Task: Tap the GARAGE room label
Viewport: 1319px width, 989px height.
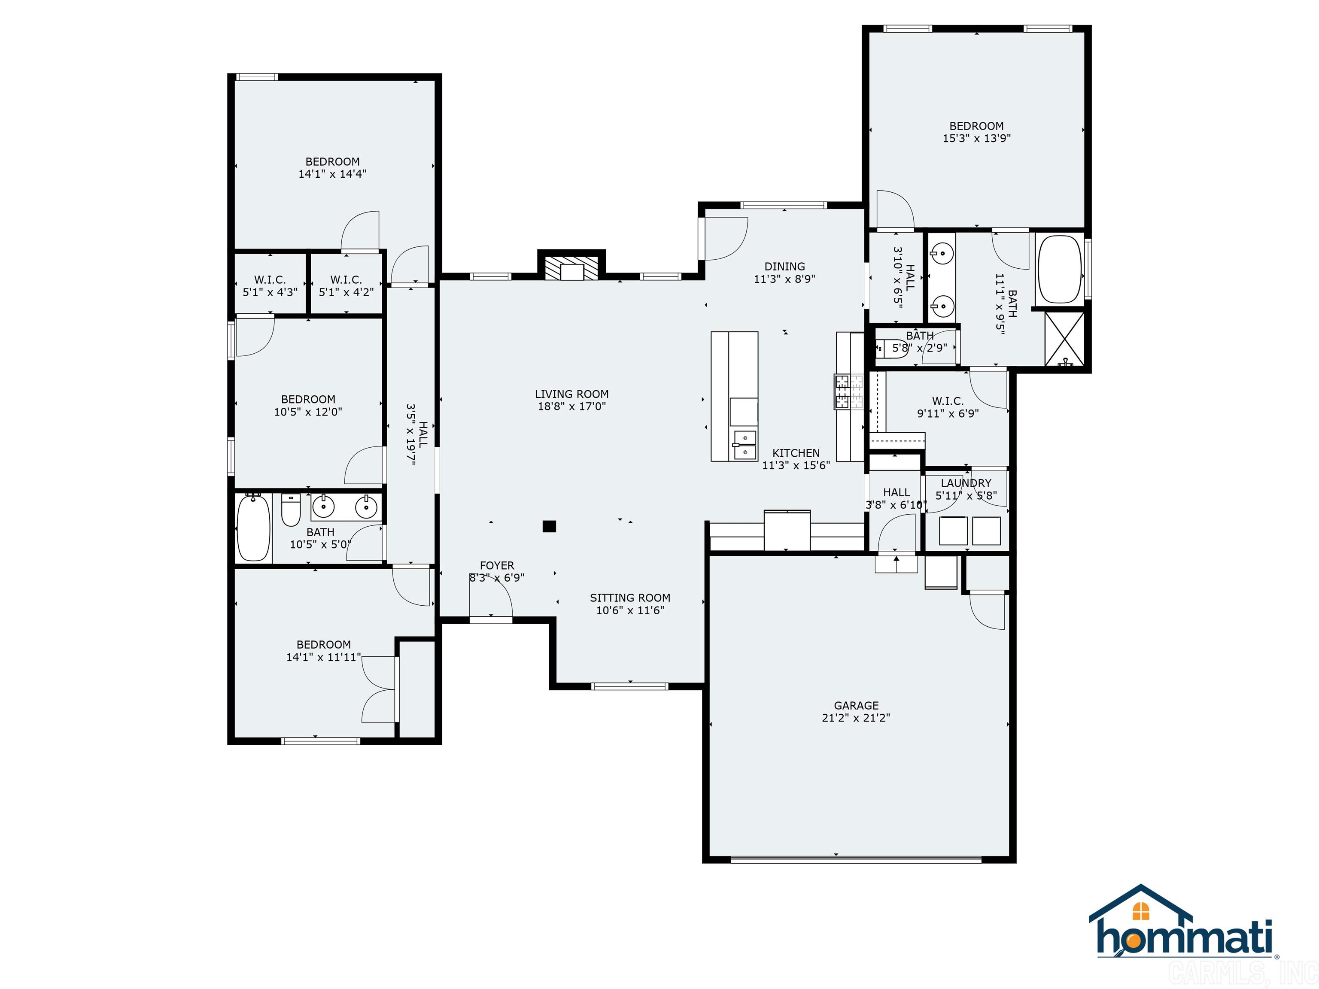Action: pyautogui.click(x=856, y=705)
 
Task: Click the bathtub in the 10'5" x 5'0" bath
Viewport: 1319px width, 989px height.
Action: pyautogui.click(x=253, y=528)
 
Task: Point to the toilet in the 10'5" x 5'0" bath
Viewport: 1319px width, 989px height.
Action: pyautogui.click(x=290, y=511)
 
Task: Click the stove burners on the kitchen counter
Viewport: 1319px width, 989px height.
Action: pyautogui.click(x=848, y=391)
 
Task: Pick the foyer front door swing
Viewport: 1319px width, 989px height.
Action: pyautogui.click(x=491, y=598)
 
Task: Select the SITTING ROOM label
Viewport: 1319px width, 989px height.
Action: pyautogui.click(x=630, y=598)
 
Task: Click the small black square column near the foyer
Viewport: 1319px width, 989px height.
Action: pyautogui.click(x=549, y=526)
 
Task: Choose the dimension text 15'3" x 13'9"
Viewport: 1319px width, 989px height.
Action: pyautogui.click(x=976, y=138)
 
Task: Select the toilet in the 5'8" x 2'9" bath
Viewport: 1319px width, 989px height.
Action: pyautogui.click(x=891, y=348)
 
